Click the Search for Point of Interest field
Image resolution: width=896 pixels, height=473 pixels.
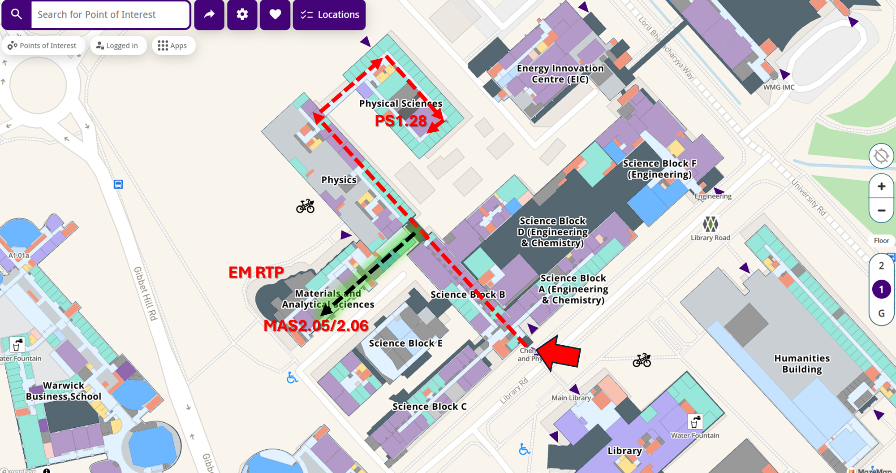pos(110,15)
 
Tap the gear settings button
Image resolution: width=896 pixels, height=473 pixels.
pos(242,15)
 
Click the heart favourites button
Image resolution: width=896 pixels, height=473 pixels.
pos(275,15)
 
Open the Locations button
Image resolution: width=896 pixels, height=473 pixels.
pos(329,15)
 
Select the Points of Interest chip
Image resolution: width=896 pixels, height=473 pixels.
pos(42,46)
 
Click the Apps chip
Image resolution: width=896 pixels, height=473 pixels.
pos(172,46)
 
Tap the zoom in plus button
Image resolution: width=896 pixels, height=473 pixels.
pos(881,186)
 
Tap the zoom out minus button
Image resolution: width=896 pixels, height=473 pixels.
pos(881,210)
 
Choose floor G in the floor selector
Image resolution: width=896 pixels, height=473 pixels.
pos(881,313)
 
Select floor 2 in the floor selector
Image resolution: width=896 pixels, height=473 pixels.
pos(881,266)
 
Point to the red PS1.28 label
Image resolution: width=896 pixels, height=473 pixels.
pos(401,121)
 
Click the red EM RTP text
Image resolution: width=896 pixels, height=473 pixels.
pos(256,272)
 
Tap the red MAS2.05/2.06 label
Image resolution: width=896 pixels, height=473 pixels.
pos(316,325)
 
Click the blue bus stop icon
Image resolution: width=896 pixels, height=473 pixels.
pos(118,184)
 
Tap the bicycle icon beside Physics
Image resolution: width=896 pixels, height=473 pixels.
pos(305,206)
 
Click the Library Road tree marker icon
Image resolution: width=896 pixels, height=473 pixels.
pos(710,224)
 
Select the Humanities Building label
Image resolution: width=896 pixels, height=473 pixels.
pos(801,364)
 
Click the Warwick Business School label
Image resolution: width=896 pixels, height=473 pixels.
pos(64,391)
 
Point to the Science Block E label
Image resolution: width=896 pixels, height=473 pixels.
pos(405,343)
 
